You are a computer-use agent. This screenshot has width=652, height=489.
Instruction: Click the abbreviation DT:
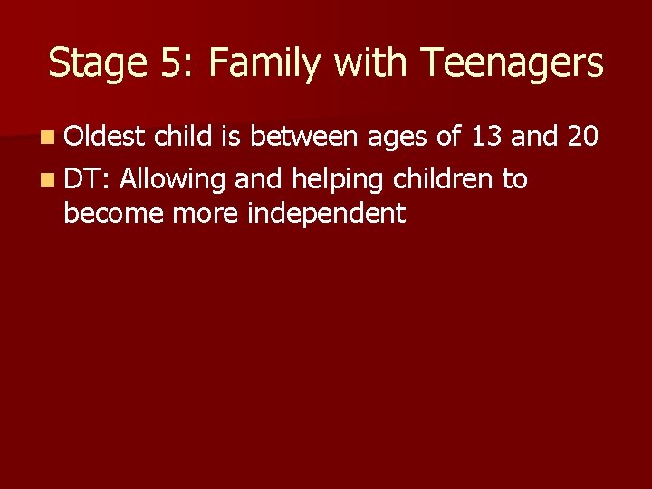click(87, 178)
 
